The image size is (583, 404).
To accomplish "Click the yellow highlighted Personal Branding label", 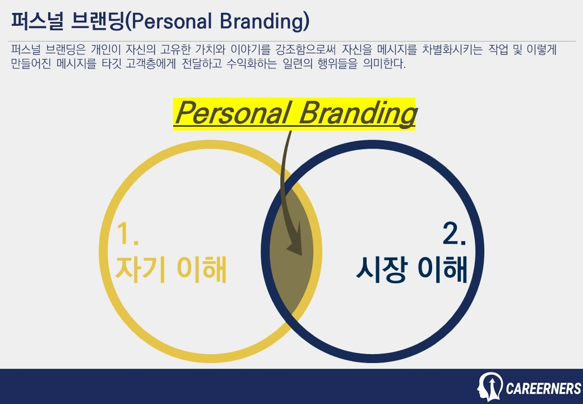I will click(294, 114).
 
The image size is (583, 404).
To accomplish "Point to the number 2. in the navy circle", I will click(454, 234).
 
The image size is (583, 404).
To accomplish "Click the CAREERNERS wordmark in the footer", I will click(543, 388).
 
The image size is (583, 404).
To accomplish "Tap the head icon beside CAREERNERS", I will click(489, 387).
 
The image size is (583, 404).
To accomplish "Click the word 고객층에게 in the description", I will click(158, 64).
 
